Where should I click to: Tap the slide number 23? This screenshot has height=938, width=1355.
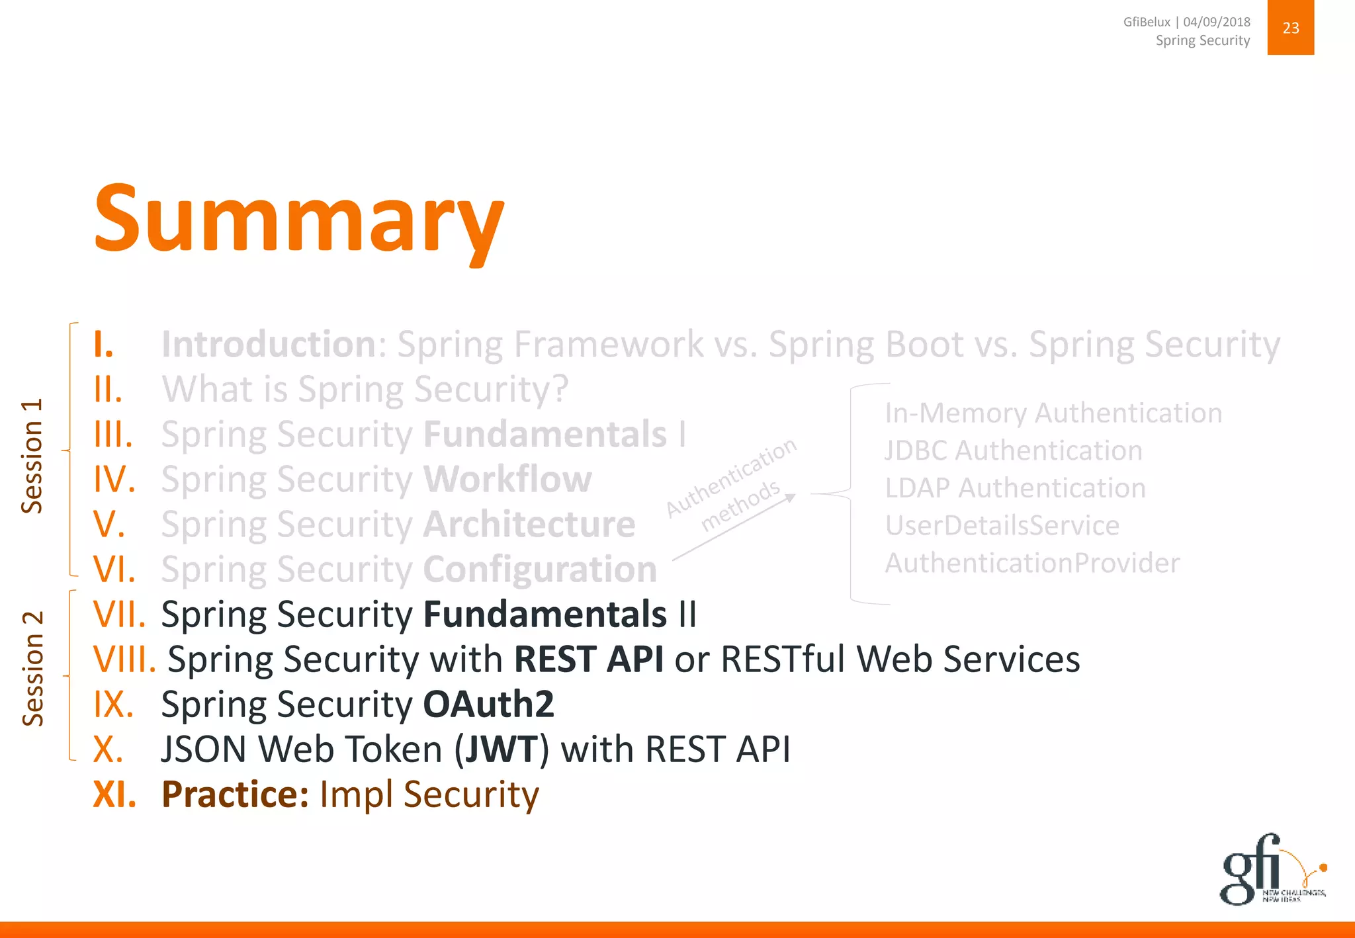(1290, 28)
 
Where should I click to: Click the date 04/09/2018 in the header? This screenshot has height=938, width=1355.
(1217, 22)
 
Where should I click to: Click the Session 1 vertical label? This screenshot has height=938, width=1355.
(32, 456)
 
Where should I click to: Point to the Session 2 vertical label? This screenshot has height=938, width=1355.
(32, 668)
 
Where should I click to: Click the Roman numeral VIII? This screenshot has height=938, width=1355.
(124, 660)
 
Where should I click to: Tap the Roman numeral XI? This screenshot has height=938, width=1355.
(114, 794)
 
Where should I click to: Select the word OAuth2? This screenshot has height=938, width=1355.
(488, 704)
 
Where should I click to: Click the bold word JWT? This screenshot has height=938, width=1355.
(501, 749)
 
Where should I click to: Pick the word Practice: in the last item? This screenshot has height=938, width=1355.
(235, 794)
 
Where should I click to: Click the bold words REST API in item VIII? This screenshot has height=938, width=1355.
(589, 660)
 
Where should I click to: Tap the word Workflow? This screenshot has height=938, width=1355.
(507, 480)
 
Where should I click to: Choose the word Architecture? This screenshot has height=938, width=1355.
(529, 525)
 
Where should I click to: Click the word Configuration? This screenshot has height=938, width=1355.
(540, 570)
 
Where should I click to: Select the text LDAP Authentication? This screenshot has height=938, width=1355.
(1016, 488)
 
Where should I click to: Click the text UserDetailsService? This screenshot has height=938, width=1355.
(1002, 526)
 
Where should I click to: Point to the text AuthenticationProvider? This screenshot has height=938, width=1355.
(1032, 564)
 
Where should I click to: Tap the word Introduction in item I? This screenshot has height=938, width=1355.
(269, 345)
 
